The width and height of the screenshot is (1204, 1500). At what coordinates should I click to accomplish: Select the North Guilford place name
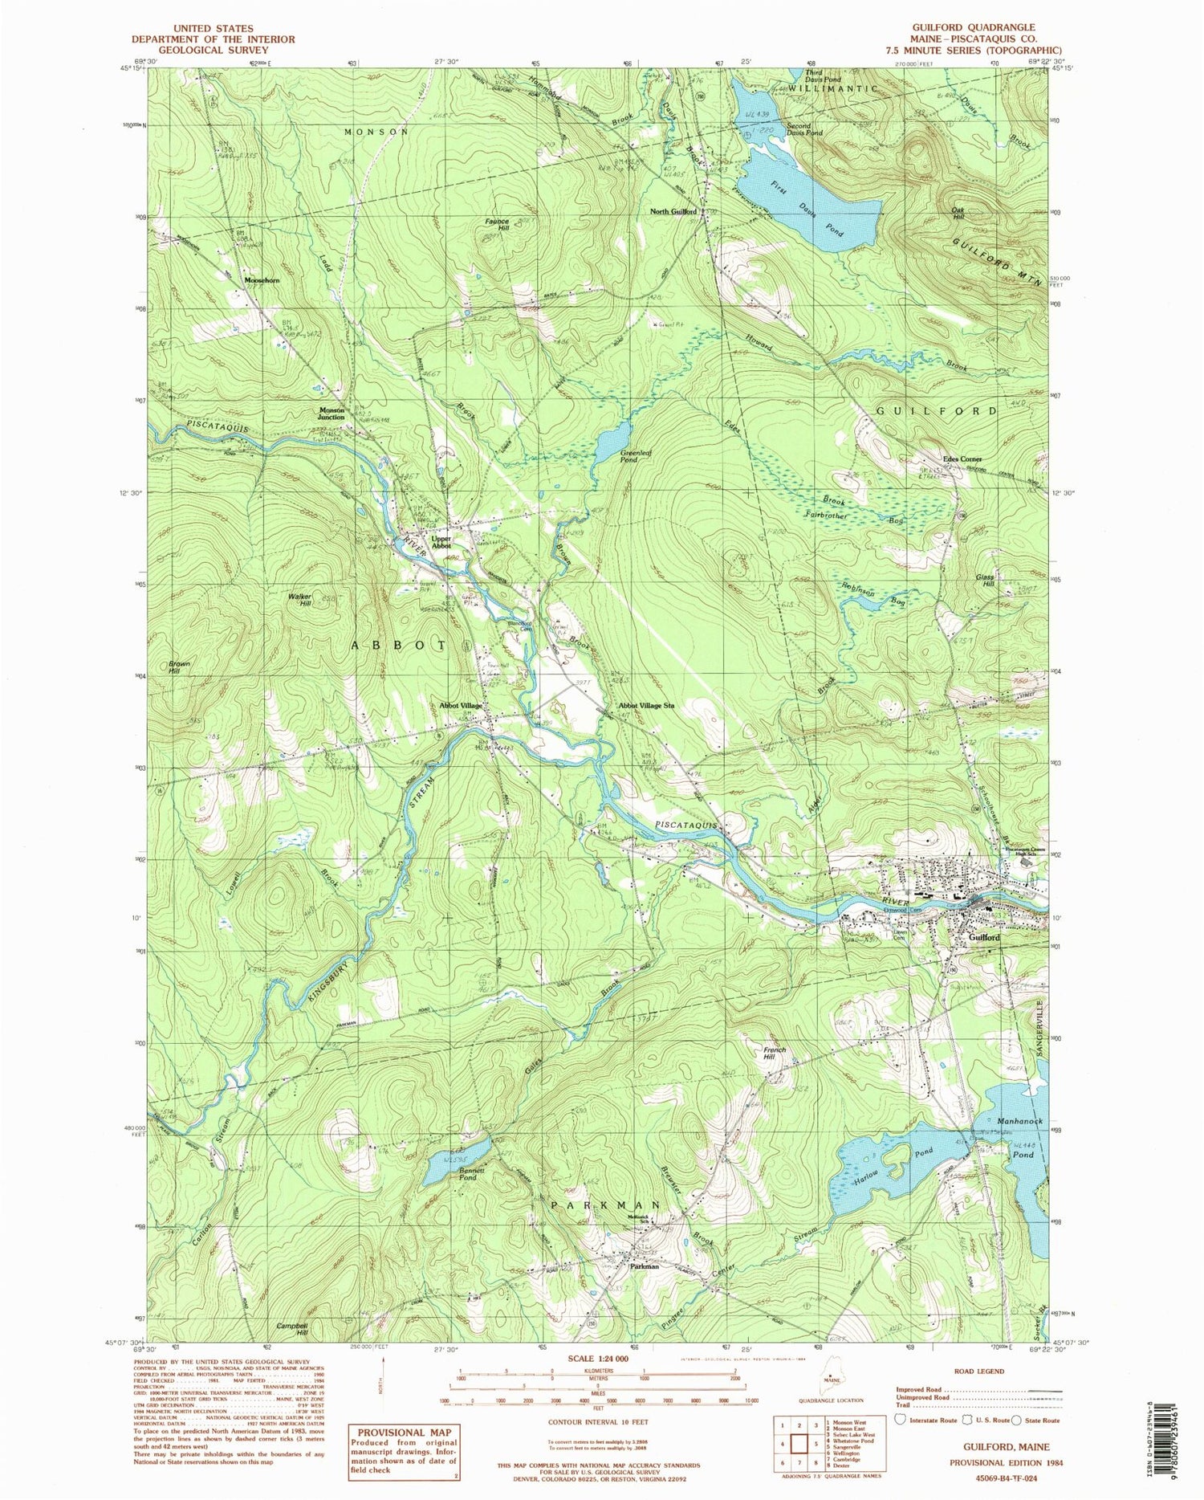[x=672, y=212]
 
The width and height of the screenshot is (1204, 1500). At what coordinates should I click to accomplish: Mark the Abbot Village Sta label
[x=645, y=706]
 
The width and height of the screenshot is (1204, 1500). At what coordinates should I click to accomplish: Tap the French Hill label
[x=775, y=1054]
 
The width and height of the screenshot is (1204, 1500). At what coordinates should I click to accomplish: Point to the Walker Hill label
[x=299, y=599]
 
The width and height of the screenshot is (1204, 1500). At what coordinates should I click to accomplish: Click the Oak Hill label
[x=957, y=213]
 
